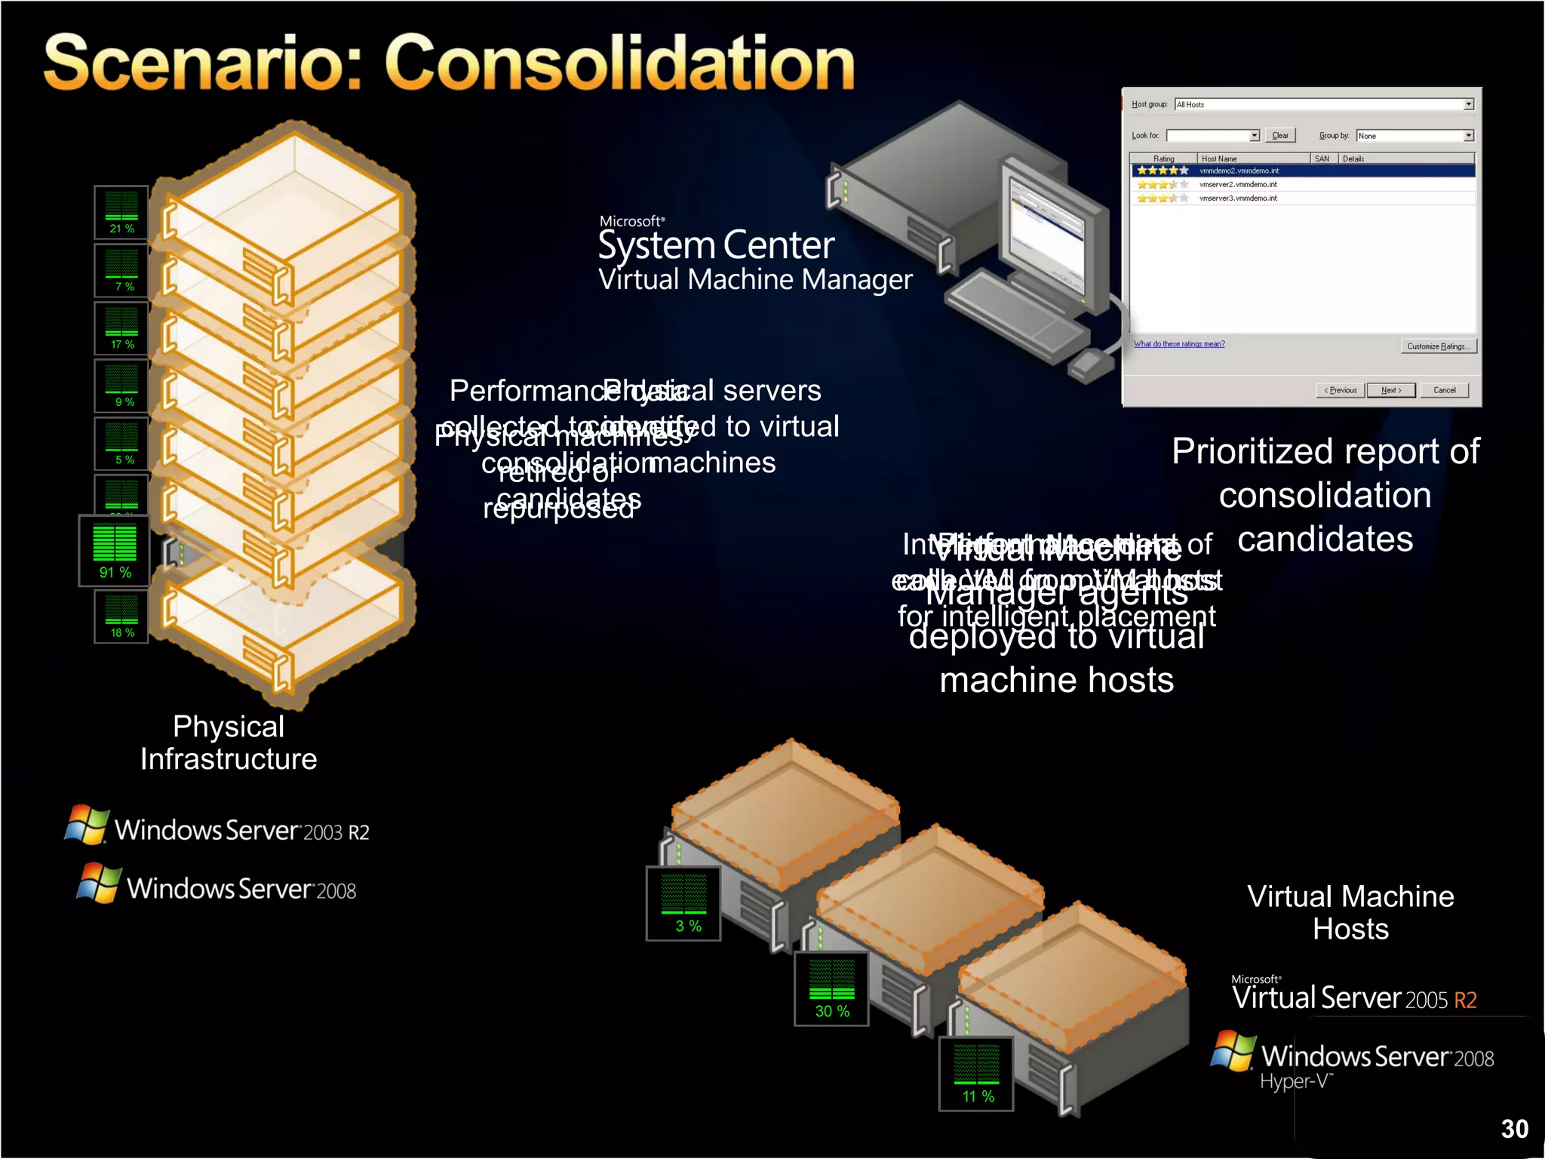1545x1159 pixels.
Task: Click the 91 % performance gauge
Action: (115, 552)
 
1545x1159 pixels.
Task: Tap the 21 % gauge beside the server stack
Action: (121, 212)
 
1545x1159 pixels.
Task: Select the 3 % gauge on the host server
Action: (684, 904)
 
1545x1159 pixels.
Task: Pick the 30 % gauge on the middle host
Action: (831, 989)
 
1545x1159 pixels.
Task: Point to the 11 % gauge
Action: (976, 1074)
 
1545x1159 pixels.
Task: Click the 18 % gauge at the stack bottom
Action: (121, 616)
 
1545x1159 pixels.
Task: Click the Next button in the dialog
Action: (1390, 390)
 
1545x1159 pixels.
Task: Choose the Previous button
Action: (1341, 390)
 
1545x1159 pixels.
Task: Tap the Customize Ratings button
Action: (1438, 346)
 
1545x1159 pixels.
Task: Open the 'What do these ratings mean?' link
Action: (1179, 344)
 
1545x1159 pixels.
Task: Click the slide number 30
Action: (1514, 1129)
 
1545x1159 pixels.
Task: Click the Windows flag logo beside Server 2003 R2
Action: (87, 825)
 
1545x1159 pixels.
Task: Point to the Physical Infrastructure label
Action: (229, 742)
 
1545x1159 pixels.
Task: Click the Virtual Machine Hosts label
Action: (1350, 912)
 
